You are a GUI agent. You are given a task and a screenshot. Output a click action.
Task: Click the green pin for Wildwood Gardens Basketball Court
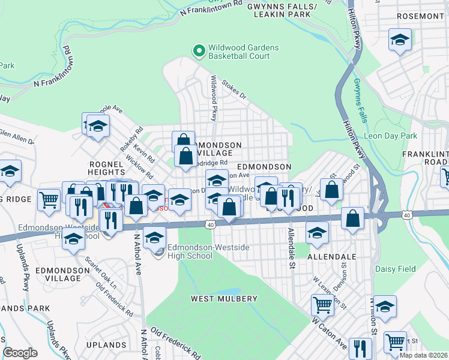[199, 51]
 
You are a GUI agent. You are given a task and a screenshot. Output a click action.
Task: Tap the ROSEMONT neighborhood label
[420, 15]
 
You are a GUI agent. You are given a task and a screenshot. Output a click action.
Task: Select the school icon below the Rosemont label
[399, 40]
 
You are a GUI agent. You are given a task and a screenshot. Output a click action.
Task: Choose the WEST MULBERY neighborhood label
[224, 298]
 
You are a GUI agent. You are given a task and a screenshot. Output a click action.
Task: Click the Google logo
[20, 353]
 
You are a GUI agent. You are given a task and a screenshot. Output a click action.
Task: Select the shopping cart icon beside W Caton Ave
[323, 305]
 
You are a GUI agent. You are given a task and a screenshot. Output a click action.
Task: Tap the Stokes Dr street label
[234, 91]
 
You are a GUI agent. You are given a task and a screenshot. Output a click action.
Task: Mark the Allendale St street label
[291, 247]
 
